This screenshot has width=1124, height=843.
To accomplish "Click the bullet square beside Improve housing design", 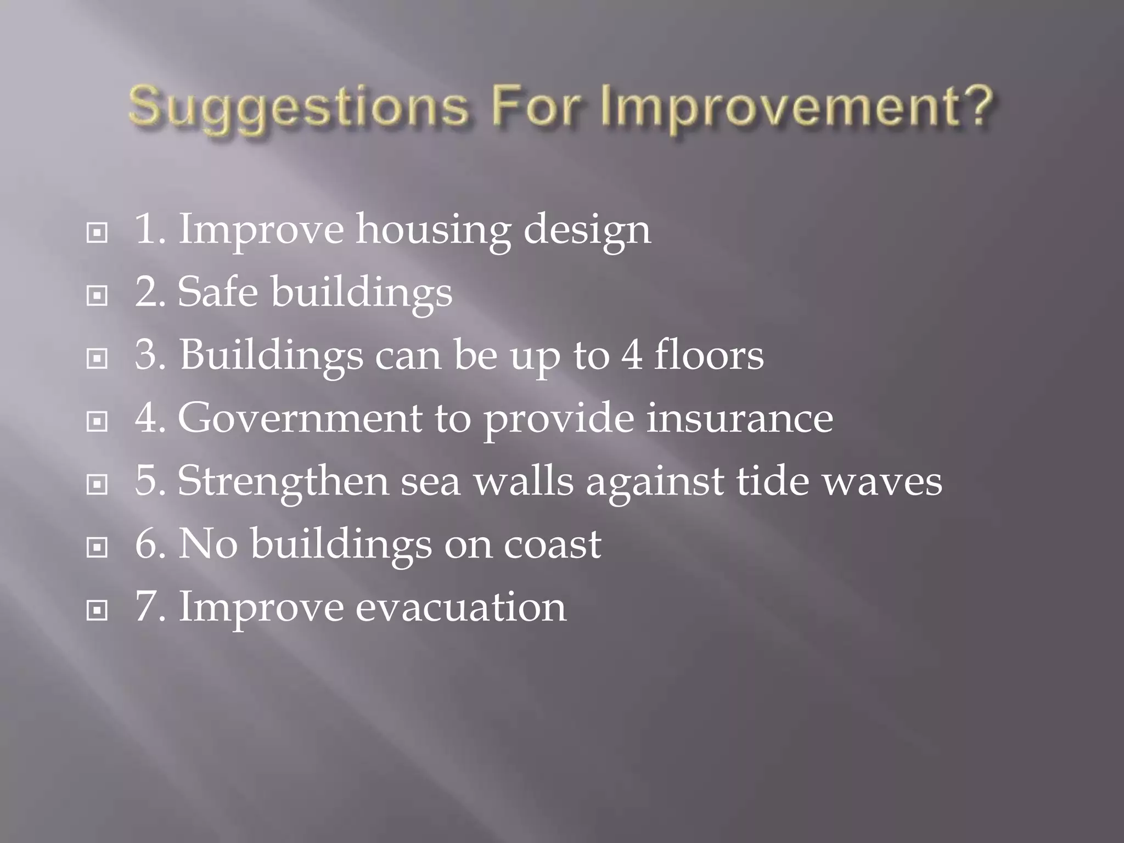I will click(97, 233).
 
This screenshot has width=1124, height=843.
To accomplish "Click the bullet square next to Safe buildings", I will click(97, 296).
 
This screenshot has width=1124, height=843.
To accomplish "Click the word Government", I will click(300, 418).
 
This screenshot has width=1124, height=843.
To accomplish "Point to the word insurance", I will click(739, 418).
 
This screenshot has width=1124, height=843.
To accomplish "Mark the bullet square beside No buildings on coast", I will click(97, 547).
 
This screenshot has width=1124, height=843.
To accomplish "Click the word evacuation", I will click(461, 607).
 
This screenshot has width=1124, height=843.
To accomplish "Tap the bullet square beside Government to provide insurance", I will click(97, 422).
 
